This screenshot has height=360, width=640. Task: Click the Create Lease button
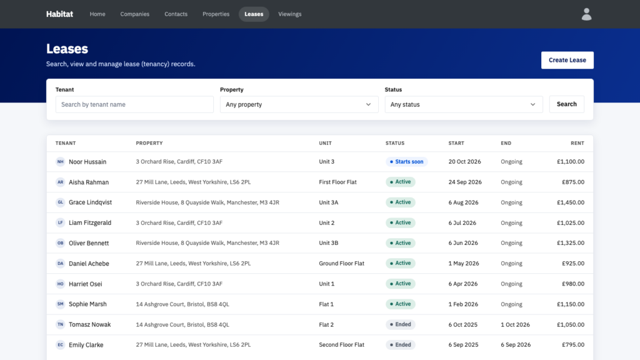coord(567,60)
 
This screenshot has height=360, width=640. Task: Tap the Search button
coord(566,104)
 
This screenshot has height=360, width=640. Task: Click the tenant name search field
coord(134,104)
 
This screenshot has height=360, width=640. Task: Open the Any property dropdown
coord(299,104)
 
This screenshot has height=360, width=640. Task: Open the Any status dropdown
coord(464,104)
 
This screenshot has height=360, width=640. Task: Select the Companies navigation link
coord(135,14)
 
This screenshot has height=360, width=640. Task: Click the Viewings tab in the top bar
coord(290,14)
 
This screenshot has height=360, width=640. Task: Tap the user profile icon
coord(586,14)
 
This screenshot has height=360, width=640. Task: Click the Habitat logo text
coord(59,14)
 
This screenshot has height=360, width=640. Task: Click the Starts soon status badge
coord(406,162)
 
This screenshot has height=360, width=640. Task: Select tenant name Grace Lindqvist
coord(90,202)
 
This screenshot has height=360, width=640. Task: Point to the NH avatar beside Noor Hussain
coord(61,162)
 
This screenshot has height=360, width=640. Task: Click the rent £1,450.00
coord(571,202)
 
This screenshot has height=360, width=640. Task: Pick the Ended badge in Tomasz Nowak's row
coord(401,324)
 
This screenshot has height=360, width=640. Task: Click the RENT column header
coord(577,143)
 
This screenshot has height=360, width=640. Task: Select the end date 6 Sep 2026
coord(516,345)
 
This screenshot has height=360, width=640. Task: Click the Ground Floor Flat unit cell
coord(342,263)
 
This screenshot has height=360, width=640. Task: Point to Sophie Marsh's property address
coord(182,304)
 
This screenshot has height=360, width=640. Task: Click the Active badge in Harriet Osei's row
coord(401,284)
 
